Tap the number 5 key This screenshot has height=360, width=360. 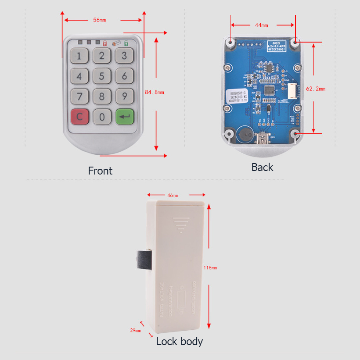[x=102, y=76]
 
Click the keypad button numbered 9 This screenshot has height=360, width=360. [x=125, y=96]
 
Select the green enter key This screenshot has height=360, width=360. [x=125, y=117]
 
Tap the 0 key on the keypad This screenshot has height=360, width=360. [x=102, y=117]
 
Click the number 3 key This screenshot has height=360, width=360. [x=125, y=56]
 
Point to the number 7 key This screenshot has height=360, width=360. [x=79, y=96]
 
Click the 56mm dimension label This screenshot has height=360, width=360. [x=100, y=20]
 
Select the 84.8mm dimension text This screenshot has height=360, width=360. [x=154, y=92]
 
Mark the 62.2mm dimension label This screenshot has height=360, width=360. [x=316, y=89]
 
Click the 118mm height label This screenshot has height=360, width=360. [x=210, y=267]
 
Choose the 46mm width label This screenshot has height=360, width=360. [x=172, y=195]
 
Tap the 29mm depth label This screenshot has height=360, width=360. [x=135, y=330]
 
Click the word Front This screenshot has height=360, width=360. [x=100, y=171]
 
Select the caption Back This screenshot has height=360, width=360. [x=262, y=168]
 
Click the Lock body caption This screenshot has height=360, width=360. [x=180, y=342]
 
